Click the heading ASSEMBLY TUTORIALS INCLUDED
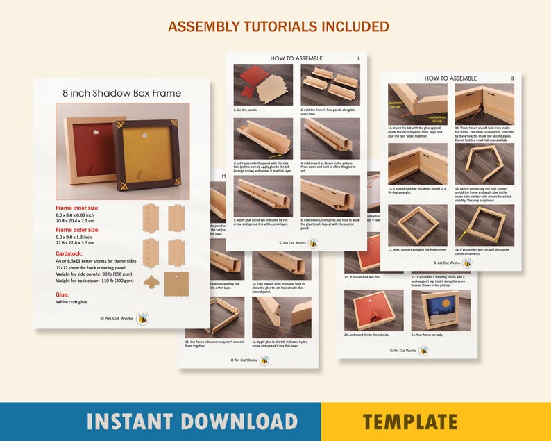click(278, 26)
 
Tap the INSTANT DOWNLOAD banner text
click(192, 421)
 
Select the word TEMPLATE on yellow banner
click(409, 421)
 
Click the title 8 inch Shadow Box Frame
click(121, 93)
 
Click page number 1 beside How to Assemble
click(358, 59)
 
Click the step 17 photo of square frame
click(417, 224)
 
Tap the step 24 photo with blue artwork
click(440, 310)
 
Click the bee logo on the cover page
click(143, 319)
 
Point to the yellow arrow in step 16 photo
click(463, 235)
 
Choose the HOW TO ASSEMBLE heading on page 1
click(296, 58)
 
